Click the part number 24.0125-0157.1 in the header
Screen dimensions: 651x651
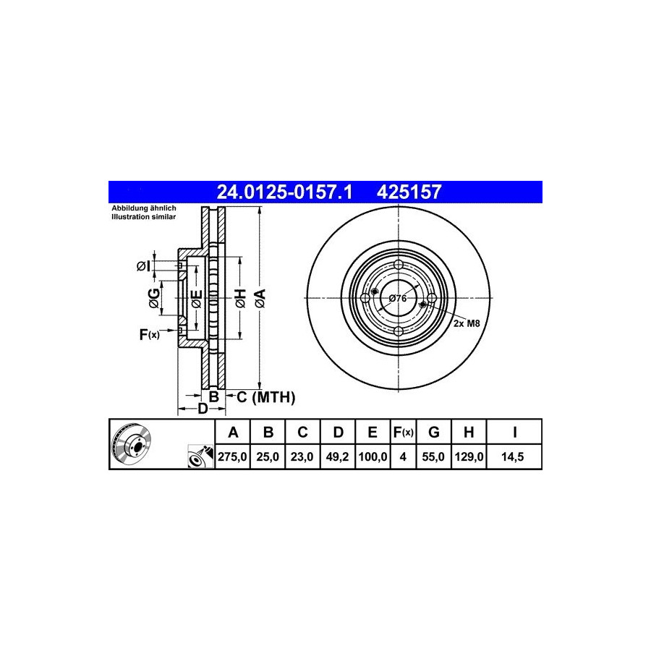(284, 192)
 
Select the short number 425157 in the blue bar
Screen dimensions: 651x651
(409, 192)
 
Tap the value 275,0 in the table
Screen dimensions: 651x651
(232, 456)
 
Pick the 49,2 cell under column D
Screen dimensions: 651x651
(337, 456)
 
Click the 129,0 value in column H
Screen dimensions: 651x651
(469, 456)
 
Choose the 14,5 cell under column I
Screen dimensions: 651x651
(513, 456)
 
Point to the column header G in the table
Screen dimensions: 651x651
(434, 433)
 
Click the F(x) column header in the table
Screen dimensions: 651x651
(403, 433)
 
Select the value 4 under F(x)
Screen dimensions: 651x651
(403, 456)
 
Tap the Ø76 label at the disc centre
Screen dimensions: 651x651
(398, 298)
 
